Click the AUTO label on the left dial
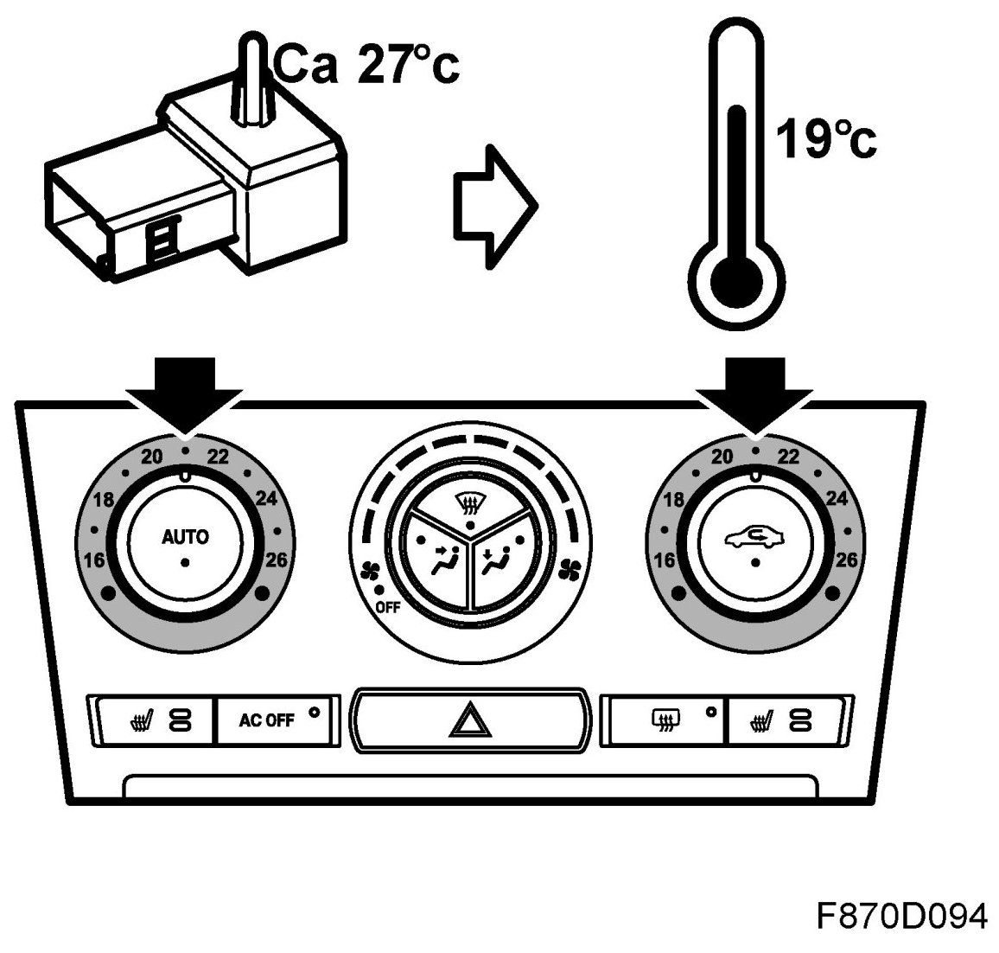pos(185,537)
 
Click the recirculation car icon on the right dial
pos(755,539)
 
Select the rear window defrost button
pos(665,719)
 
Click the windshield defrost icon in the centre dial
pos(468,501)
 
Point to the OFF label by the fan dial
pos(388,607)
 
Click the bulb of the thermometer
pos(736,282)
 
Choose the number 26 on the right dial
pos(847,560)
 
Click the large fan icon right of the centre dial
pos(569,569)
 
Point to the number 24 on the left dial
pos(266,498)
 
